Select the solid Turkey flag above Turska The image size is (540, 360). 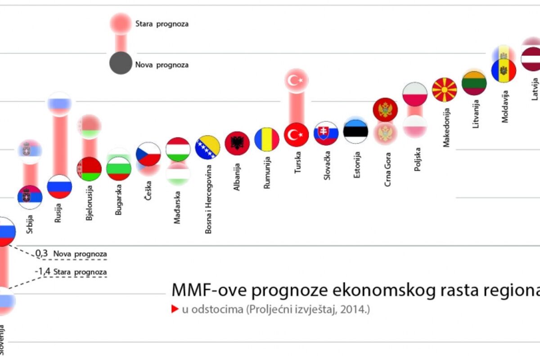click(296, 134)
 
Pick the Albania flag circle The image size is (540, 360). click(237, 143)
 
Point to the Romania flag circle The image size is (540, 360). click(266, 139)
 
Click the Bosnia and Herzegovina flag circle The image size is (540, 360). click(207, 147)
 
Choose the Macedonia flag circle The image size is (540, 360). click(444, 90)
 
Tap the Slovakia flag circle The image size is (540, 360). click(326, 133)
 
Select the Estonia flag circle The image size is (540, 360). click(355, 130)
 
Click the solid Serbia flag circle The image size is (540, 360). click(30, 197)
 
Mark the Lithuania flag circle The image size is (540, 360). click(474, 83)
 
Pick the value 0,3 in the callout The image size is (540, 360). click(41, 254)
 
